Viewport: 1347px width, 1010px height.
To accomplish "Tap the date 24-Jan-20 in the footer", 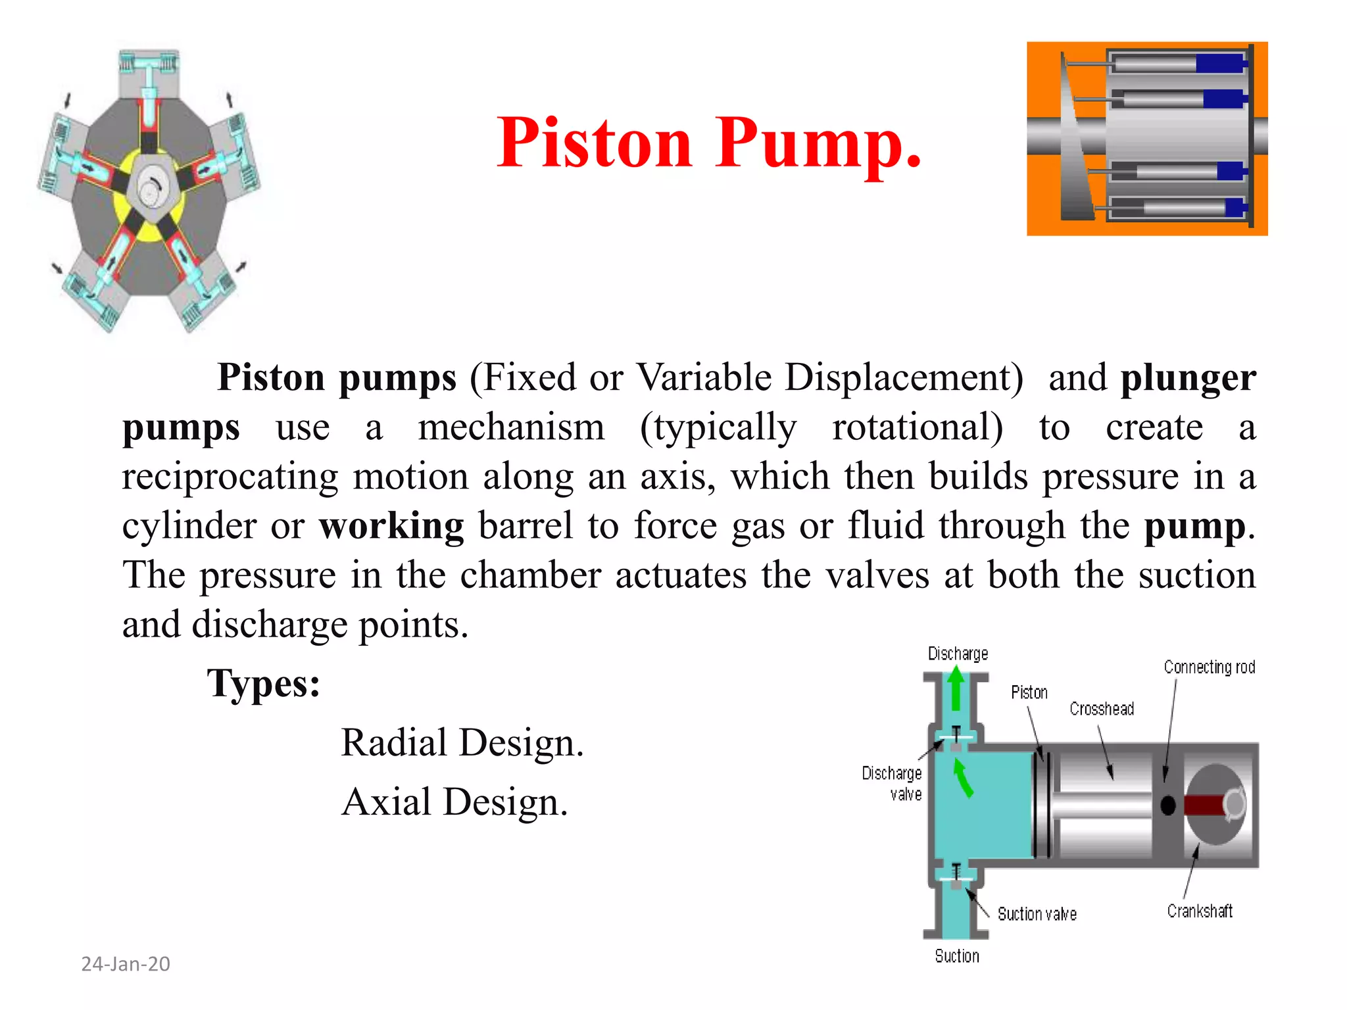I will (126, 964).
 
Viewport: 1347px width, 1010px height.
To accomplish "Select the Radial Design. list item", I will (462, 743).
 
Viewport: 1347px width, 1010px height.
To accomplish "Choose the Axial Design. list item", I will (454, 802).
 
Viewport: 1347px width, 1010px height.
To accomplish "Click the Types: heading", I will (264, 684).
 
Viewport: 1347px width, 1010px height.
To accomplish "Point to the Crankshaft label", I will (1200, 911).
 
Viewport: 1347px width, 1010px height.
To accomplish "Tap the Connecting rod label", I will (1209, 667).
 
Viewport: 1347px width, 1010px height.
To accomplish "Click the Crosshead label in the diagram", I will (1102, 709).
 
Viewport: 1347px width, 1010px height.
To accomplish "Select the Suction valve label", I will (1037, 914).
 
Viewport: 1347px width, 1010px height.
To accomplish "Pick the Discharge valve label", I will (893, 783).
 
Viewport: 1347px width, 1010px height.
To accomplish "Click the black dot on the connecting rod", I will (1168, 806).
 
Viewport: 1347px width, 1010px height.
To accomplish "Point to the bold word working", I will (391, 526).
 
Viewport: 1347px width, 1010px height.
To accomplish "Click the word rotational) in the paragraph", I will (918, 427).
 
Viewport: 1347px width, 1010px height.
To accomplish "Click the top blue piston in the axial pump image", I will (1220, 64).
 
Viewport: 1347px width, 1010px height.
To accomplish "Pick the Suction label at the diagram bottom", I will (957, 956).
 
